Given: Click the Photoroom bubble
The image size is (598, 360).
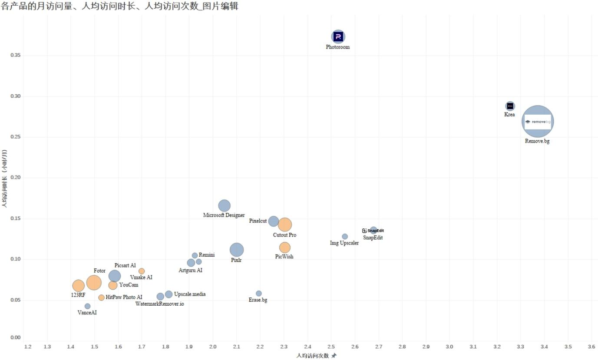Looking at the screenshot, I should pos(338,37).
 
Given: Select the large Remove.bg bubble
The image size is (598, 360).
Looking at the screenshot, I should pos(538,122).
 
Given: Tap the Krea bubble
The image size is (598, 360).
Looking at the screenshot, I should pos(510,106).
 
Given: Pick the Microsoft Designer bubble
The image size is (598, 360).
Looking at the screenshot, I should pos(224,206).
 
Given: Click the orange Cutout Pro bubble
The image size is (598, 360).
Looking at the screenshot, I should pos(284,225).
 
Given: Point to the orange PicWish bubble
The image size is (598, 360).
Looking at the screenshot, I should pos(284,248).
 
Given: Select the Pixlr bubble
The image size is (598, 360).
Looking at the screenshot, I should pos(236,250).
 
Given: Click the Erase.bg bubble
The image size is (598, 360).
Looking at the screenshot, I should pos(259,294).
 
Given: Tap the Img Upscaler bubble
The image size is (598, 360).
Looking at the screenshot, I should pos(345,237).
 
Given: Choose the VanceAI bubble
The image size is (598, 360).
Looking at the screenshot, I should pos(87,306).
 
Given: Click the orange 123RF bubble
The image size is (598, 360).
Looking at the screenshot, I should pos(78,285).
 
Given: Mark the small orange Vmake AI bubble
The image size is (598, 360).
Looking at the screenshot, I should pos(142,271).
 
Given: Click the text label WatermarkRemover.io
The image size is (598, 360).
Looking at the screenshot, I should pos(159,304).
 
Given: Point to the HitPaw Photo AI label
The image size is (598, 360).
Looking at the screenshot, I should pos(124,297).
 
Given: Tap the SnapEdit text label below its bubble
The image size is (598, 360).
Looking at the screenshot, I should pos(373,238).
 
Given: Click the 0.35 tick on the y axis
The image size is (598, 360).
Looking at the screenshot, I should pos(16,56).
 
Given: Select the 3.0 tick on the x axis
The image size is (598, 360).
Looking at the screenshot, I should pos(449,347).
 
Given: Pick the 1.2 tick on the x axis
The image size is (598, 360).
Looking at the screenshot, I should pos(28,347).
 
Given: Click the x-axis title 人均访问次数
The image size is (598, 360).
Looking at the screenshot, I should pos(313,356).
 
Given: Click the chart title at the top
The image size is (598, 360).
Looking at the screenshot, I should pos(120,6).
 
